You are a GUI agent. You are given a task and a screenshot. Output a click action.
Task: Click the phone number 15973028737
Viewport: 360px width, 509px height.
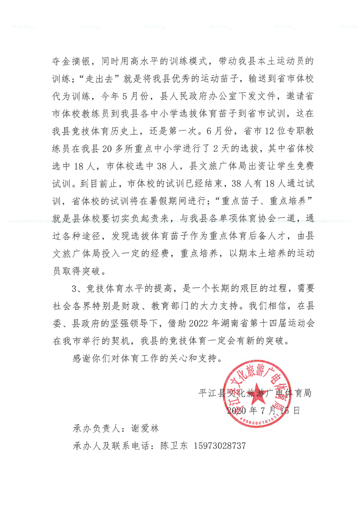pos(219,446)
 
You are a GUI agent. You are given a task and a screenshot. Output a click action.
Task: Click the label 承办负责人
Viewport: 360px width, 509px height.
pos(95,428)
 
